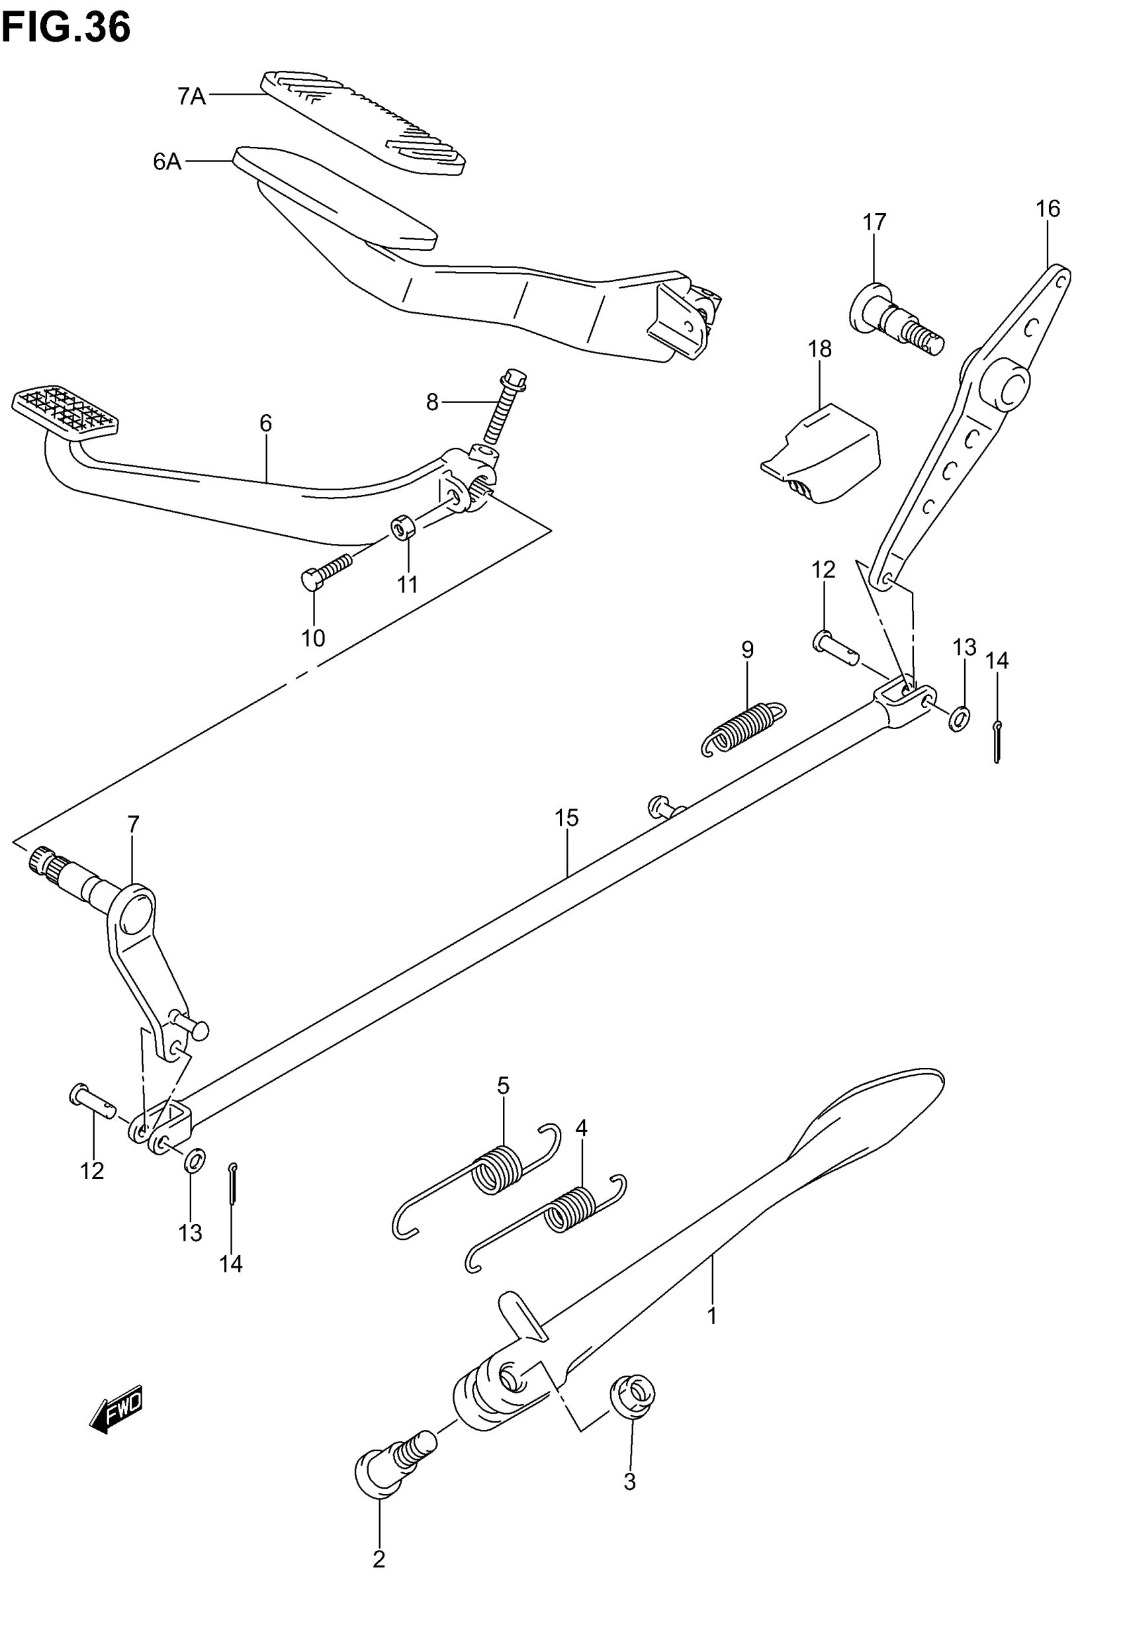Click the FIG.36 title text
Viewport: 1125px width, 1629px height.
click(66, 28)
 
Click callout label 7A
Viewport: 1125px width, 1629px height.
click(191, 96)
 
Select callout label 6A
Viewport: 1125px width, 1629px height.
click(167, 162)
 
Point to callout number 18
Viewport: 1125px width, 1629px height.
click(819, 349)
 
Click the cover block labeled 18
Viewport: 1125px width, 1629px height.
click(823, 454)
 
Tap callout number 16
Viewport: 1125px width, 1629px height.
click(1048, 209)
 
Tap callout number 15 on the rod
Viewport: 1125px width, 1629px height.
click(566, 818)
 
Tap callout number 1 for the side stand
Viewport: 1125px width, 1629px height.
click(712, 1315)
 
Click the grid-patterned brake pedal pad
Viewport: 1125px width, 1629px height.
click(65, 409)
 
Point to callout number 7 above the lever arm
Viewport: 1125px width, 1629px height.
click(133, 823)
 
